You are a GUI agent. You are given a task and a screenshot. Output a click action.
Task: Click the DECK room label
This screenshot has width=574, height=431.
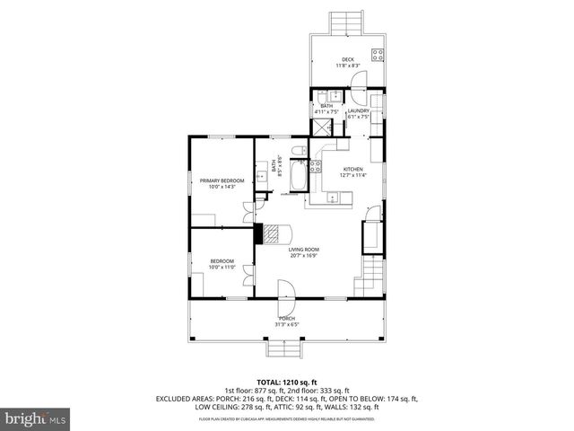346,60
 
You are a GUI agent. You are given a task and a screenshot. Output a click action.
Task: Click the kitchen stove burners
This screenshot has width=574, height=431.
316,165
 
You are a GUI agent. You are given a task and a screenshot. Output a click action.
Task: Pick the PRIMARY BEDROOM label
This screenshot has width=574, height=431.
221,180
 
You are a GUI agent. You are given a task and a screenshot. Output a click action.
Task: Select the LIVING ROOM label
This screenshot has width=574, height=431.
304,250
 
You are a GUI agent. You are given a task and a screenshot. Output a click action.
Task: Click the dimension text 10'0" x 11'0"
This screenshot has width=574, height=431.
221,267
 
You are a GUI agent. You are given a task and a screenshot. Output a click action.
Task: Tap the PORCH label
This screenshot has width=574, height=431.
287,319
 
